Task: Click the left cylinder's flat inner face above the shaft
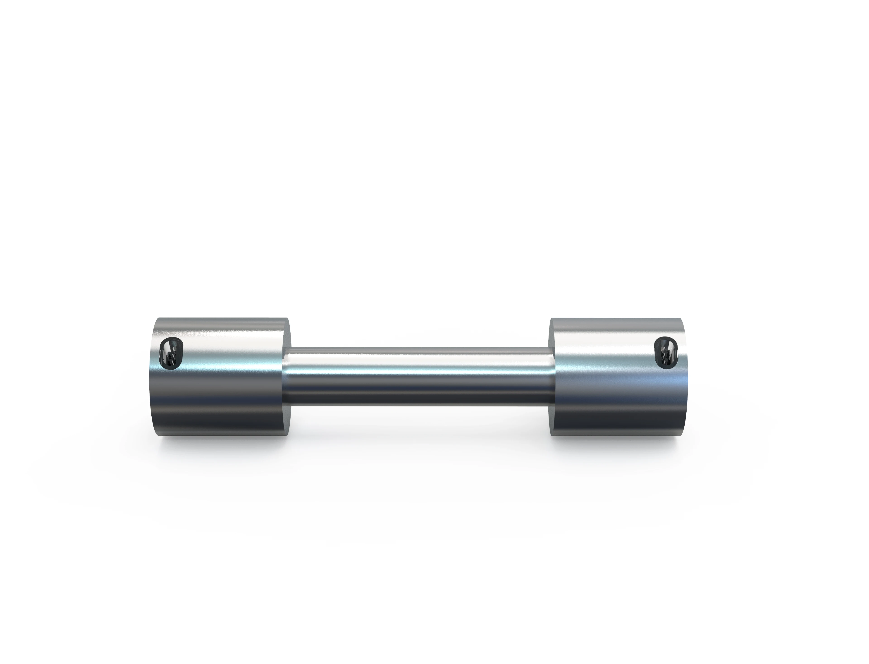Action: point(288,334)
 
